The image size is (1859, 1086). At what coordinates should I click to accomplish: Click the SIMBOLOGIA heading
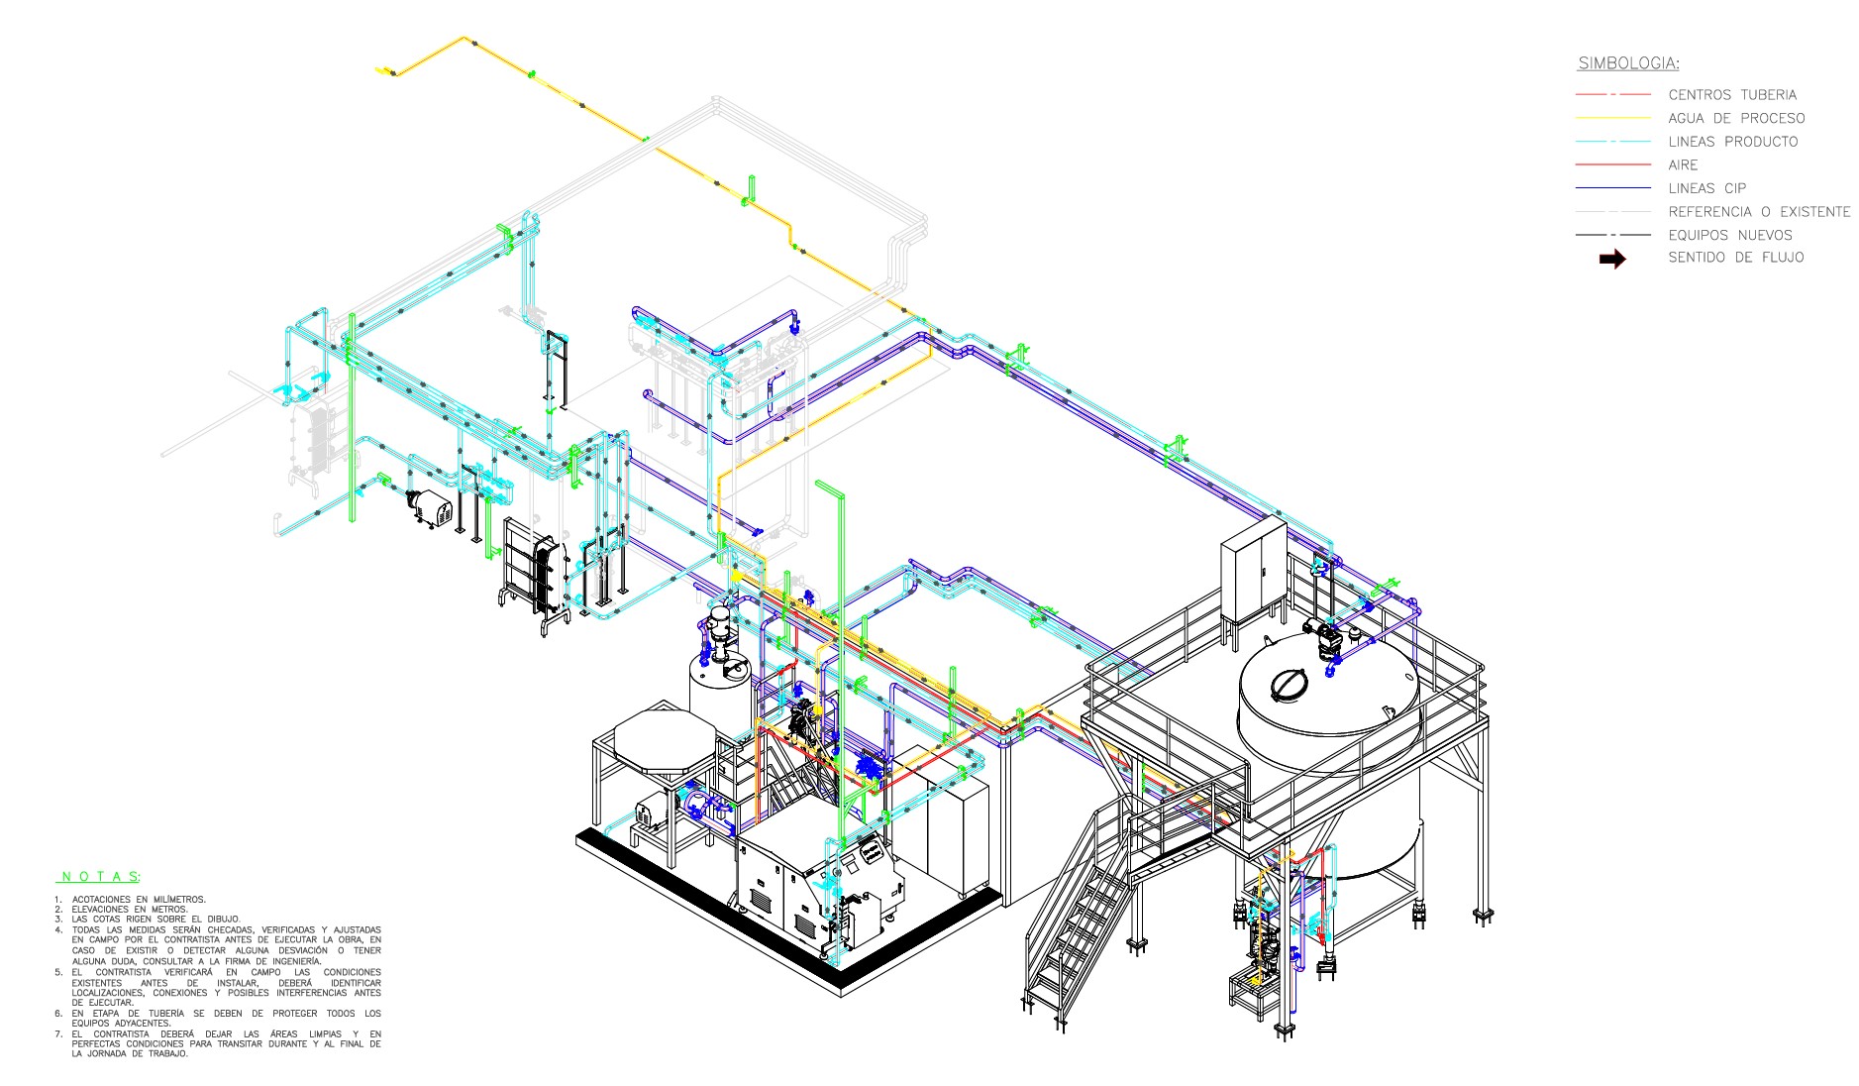[1628, 63]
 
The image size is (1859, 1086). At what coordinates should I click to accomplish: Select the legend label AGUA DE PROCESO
[1736, 118]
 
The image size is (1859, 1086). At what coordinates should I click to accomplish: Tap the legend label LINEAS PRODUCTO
[1733, 142]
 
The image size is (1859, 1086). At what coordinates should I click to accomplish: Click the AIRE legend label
[1683, 165]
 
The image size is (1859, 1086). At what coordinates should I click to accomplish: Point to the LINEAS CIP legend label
[1707, 188]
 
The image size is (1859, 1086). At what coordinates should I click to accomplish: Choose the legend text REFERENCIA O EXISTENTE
[1759, 212]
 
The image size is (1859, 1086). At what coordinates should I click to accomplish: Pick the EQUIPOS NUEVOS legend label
[1730, 235]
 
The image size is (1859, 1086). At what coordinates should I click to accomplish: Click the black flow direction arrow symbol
[1612, 259]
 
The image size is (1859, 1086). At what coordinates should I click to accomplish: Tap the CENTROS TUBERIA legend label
[1732, 95]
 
